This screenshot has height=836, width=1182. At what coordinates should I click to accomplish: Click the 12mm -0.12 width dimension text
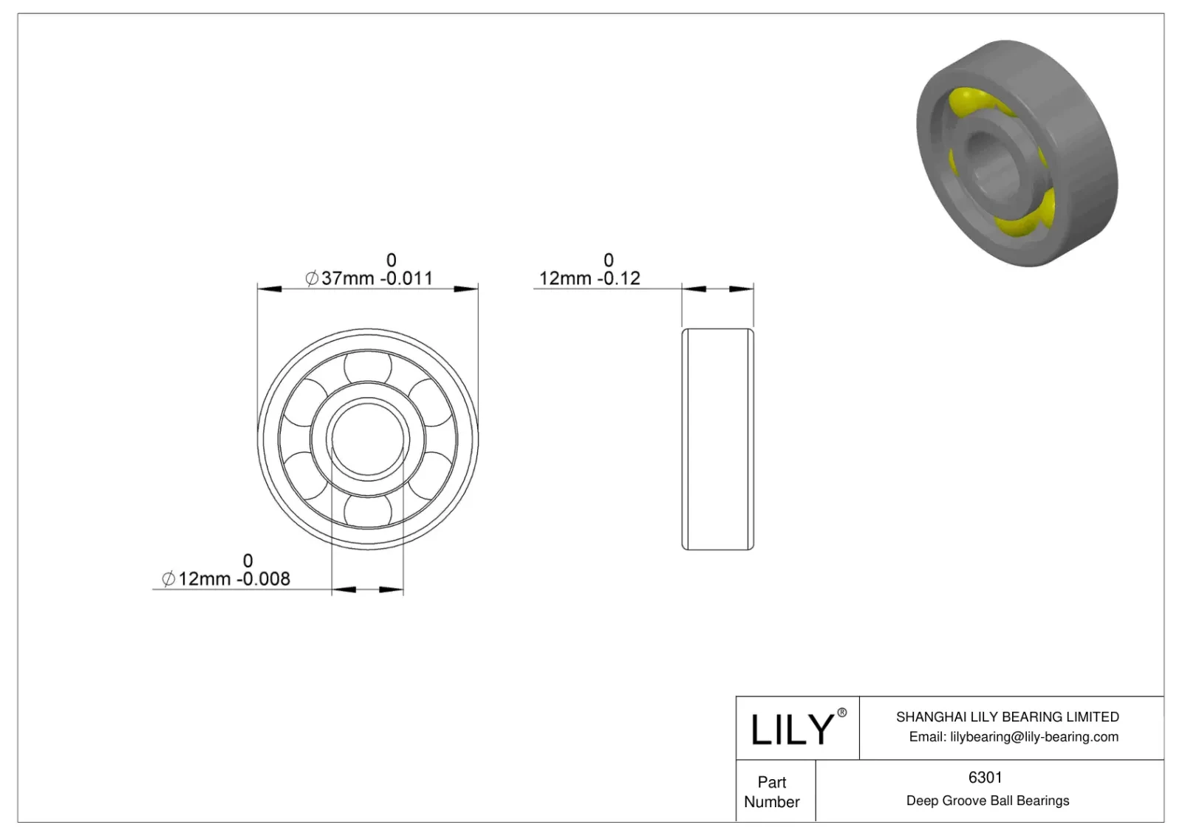click(589, 278)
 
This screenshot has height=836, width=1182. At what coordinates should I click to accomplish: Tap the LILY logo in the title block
click(791, 730)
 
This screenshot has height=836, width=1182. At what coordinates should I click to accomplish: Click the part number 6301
click(985, 777)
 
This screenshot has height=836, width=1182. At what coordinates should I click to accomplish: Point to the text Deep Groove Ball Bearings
click(987, 801)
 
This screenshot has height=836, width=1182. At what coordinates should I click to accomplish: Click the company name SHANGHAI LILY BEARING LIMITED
click(1007, 716)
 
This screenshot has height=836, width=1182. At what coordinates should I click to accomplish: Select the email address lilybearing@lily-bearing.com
click(1034, 736)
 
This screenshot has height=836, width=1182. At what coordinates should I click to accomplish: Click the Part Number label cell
click(772, 792)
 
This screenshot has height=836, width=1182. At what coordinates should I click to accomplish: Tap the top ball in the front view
click(368, 366)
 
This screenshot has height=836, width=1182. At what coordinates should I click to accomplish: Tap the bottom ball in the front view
click(368, 511)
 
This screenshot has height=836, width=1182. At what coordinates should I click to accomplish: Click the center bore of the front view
click(368, 439)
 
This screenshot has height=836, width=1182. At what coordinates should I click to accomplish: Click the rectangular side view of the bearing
click(717, 439)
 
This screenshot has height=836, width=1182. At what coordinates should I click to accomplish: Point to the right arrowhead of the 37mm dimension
click(466, 288)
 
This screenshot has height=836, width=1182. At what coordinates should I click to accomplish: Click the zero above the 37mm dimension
click(391, 260)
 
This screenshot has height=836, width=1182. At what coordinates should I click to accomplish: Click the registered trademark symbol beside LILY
click(841, 713)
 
